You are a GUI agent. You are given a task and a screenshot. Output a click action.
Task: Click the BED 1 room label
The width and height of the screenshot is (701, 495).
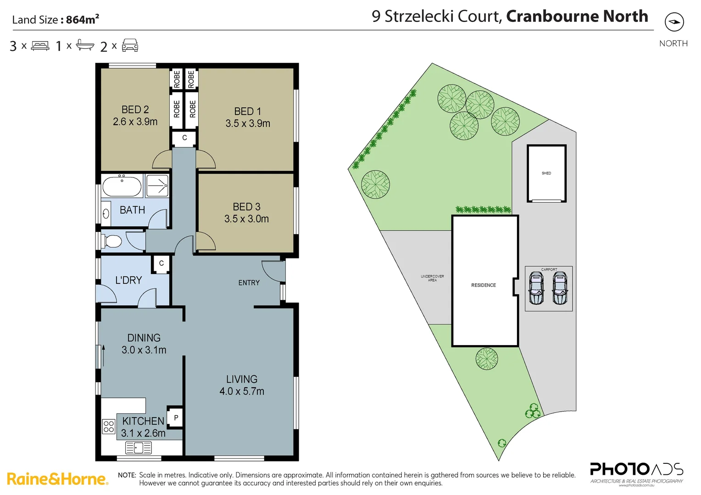(x=247, y=111)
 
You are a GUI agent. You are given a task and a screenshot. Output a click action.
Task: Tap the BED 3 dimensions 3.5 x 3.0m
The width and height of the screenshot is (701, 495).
(x=246, y=219)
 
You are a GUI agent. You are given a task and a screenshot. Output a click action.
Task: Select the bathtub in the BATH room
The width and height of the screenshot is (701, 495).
(x=122, y=187)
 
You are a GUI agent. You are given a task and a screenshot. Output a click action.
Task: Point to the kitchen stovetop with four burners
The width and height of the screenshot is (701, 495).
(x=109, y=427)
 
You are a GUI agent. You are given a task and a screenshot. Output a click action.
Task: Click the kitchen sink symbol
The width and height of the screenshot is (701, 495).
(x=139, y=447)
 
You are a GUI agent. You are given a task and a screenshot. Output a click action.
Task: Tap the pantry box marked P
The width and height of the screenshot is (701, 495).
(x=176, y=418)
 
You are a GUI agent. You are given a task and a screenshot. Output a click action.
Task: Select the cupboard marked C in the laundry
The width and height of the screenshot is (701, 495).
(x=161, y=264)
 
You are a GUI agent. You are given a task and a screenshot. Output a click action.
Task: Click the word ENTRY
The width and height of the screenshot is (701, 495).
(x=249, y=283)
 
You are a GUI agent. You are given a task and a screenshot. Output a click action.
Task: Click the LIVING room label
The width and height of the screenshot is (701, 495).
(x=242, y=379)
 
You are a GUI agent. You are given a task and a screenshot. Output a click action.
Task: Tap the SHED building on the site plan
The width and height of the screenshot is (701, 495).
(x=546, y=173)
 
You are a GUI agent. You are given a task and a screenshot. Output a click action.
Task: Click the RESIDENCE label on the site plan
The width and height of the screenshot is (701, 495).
(x=484, y=285)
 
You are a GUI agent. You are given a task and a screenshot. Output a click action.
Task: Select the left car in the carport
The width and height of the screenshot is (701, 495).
(x=536, y=288)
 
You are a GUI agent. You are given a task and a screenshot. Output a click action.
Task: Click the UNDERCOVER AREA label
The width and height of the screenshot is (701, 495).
(x=432, y=278)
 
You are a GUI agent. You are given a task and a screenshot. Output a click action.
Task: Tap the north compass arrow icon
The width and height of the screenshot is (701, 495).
(x=674, y=22)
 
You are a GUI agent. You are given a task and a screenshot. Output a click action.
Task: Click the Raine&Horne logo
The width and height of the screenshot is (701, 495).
(x=57, y=479)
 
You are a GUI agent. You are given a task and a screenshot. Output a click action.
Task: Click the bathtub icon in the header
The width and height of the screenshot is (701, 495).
(x=85, y=45)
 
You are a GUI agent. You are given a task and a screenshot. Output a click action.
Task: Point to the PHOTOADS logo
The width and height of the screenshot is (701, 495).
(x=636, y=470)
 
